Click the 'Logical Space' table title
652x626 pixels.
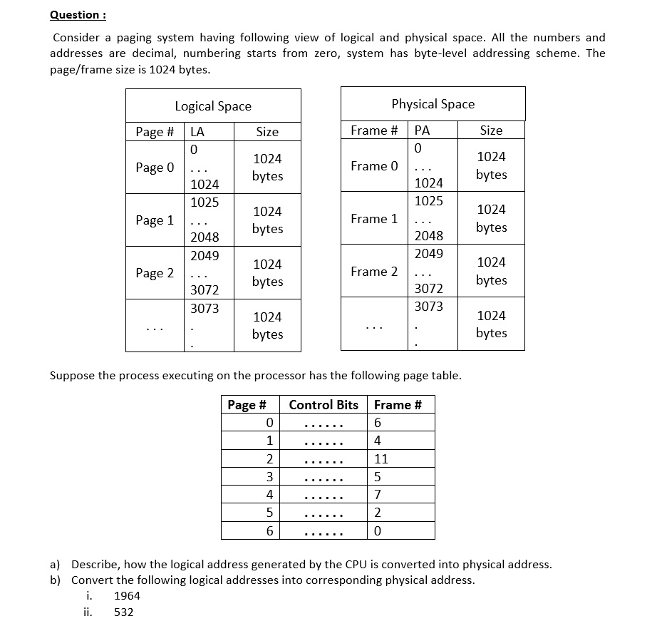(213, 106)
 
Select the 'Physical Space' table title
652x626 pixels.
(433, 104)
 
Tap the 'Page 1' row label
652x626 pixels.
(155, 220)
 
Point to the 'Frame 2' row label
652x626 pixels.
(374, 272)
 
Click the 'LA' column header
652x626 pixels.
(197, 132)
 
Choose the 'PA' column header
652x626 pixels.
(422, 130)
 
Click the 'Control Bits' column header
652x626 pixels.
(324, 405)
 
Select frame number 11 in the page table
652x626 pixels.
(381, 459)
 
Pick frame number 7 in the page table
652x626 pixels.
(378, 495)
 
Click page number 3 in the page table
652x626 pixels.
(269, 477)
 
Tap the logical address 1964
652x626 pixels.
(127, 596)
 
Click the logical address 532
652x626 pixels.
(124, 612)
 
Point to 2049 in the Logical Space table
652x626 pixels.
(205, 255)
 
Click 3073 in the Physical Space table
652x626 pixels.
(428, 307)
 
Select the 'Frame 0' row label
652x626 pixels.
(374, 166)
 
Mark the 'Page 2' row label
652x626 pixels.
(155, 273)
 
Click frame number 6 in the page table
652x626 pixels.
(378, 424)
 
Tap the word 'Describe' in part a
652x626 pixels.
(95, 565)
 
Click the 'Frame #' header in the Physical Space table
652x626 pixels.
(374, 130)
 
